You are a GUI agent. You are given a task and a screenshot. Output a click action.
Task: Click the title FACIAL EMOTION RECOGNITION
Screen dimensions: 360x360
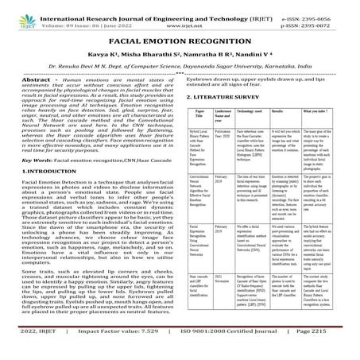coord(180,44)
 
